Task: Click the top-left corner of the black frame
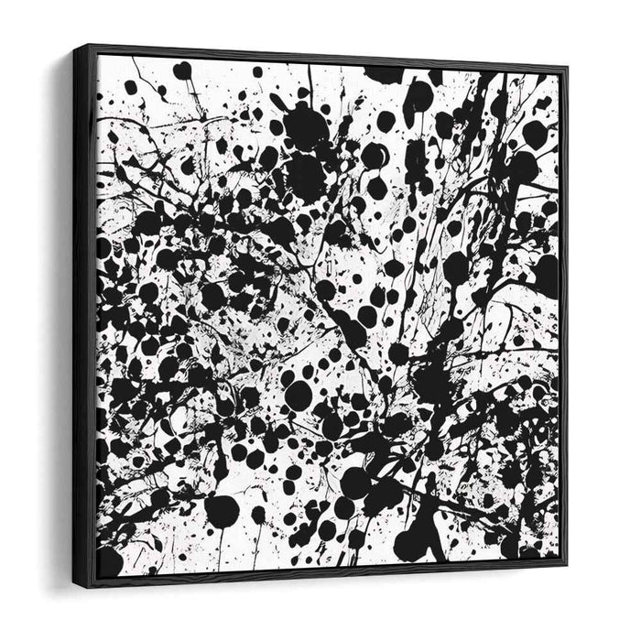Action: pos(90,46)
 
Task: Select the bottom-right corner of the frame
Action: pos(567,564)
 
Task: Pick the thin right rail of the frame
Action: pos(564,311)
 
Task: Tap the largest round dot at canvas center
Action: pos(298,395)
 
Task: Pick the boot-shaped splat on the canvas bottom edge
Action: pos(417,540)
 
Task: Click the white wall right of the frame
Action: pos(604,320)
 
